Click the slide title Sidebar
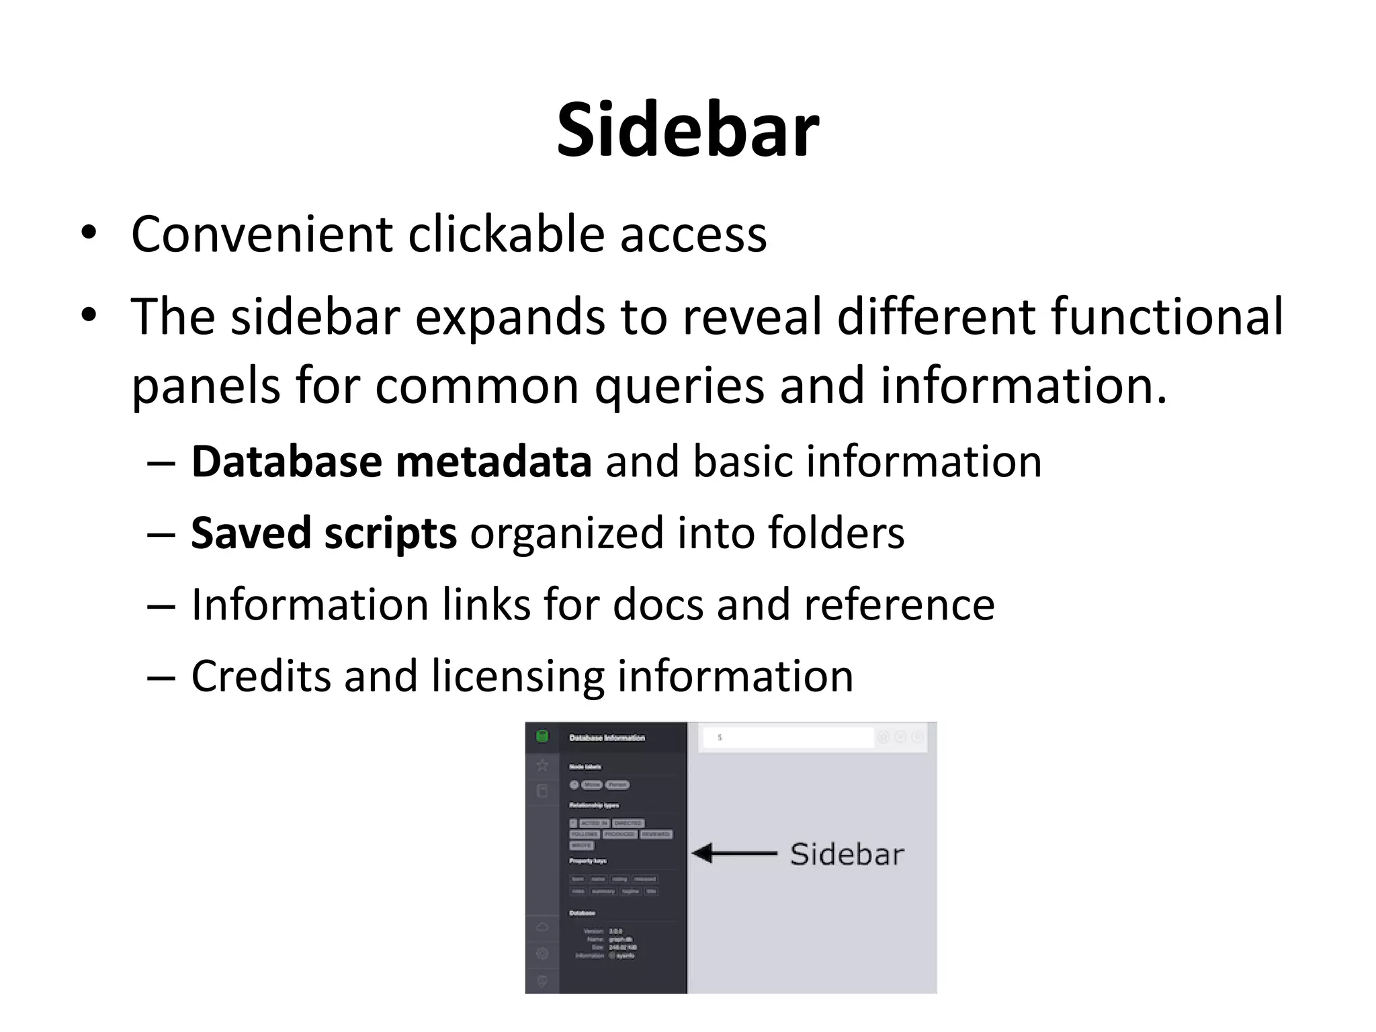pos(687,130)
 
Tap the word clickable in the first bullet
pos(506,234)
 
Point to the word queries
pos(679,388)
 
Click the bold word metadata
pos(494,462)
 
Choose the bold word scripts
pos(390,533)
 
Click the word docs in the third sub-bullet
pos(657,604)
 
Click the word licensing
pos(517,677)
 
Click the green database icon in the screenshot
pos(542,736)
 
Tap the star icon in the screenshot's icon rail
pos(542,765)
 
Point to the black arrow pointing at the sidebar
pos(734,853)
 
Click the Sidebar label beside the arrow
pos(847,854)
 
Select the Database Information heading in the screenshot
pos(607,738)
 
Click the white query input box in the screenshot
pos(787,737)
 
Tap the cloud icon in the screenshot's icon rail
pos(542,927)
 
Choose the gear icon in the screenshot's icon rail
pos(542,953)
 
